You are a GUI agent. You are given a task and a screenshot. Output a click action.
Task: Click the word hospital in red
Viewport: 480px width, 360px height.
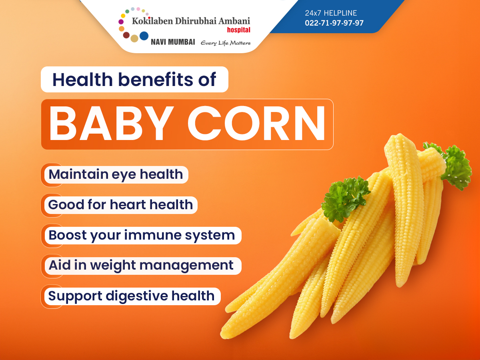(238, 30)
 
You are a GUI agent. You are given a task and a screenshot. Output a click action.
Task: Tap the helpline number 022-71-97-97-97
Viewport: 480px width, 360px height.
(334, 23)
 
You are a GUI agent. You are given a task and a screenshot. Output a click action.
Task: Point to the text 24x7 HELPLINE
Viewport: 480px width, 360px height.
(331, 13)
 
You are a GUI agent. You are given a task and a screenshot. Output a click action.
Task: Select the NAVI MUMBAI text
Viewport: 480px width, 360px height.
(173, 42)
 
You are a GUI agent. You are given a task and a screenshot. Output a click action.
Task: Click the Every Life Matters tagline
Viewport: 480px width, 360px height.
(226, 43)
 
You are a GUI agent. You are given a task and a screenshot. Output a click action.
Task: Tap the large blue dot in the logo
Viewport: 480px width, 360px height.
(144, 36)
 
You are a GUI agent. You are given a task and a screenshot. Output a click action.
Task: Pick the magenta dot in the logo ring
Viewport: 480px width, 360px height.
(121, 22)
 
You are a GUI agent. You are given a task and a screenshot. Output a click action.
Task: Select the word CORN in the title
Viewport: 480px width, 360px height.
(256, 124)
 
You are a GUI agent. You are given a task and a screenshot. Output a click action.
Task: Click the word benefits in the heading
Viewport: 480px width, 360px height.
(156, 79)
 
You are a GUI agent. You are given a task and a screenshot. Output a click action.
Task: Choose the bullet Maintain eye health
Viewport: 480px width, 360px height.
(116, 175)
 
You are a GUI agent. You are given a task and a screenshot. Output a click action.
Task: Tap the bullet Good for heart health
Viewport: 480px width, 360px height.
(120, 205)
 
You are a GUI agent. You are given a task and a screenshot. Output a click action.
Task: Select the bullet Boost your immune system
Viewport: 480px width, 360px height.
(142, 236)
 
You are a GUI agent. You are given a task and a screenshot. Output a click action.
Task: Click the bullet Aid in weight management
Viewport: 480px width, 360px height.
(141, 266)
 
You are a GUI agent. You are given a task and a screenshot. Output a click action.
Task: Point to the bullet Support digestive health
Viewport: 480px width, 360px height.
(131, 296)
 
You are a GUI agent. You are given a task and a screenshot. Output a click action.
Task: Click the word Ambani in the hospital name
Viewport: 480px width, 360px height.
(234, 21)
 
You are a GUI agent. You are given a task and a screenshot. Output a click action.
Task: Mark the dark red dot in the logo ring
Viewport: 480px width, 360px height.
(126, 35)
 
